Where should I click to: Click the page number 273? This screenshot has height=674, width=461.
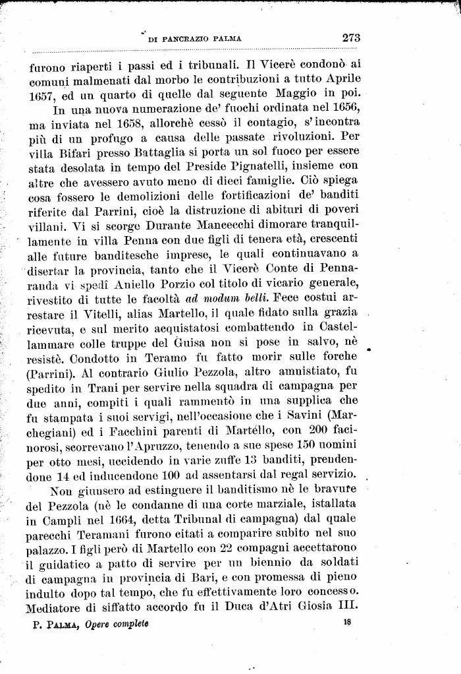click(x=351, y=38)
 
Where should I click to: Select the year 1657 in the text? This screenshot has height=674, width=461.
click(x=42, y=95)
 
